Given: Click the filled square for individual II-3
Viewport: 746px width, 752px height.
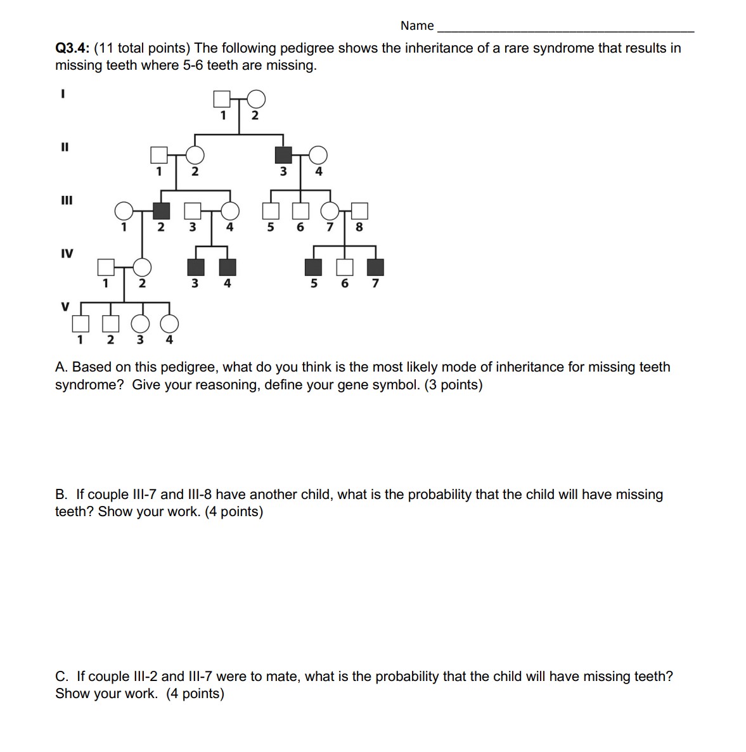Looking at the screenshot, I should point(283,155).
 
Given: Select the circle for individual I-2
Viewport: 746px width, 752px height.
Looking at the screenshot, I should point(255,99).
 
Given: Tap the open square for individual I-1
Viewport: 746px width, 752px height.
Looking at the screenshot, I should point(221,99).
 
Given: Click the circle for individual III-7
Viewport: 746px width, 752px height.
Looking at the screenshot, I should point(330,211).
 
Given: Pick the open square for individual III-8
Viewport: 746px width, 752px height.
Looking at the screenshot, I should point(359,211).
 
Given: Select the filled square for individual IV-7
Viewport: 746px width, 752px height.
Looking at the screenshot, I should point(376,268).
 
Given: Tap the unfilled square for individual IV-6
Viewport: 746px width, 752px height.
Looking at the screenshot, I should point(345,268).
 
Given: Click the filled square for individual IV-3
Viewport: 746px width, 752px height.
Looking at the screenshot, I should point(196,268).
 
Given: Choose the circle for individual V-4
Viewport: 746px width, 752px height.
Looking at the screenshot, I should point(169,324).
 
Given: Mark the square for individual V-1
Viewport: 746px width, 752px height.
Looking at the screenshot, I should point(80,324).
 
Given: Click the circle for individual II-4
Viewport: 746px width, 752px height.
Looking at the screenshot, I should point(318,155).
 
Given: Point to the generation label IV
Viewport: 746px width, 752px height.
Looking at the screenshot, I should point(67,254).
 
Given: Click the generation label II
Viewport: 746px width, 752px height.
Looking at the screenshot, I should point(64,147).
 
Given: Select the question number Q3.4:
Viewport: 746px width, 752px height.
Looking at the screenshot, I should point(72,48).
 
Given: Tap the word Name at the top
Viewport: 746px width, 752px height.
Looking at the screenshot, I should point(417,26).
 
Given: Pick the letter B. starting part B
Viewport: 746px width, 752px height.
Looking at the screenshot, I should point(61,495).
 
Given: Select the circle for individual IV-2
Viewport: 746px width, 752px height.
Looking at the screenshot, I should point(143,268).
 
